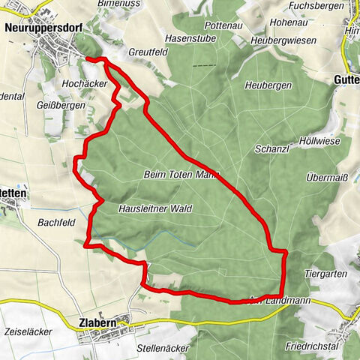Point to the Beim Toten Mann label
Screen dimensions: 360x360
[x=181, y=174]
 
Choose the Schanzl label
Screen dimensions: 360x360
[x=272, y=148]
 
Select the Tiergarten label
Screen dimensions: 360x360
[x=326, y=274]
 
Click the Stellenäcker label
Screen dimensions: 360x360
[x=162, y=349]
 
